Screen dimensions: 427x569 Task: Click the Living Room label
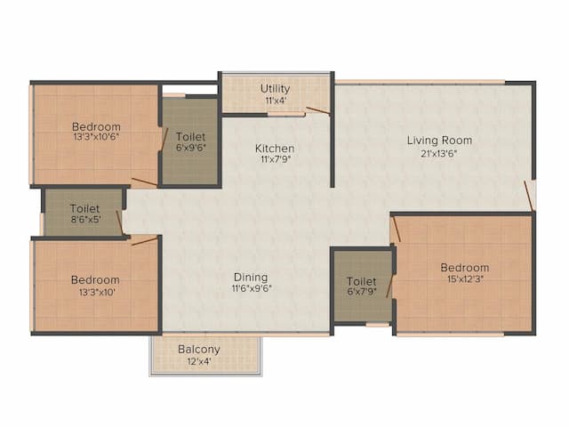(439, 140)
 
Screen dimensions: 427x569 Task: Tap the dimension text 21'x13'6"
(439, 152)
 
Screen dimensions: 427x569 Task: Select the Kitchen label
(275, 148)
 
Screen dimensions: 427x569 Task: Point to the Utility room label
(275, 88)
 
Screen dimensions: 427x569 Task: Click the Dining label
(251, 277)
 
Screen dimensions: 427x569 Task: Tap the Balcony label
(199, 349)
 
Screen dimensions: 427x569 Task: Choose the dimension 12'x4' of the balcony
(199, 361)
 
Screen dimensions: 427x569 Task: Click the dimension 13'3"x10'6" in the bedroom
(96, 138)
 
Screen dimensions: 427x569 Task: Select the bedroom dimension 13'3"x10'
(95, 292)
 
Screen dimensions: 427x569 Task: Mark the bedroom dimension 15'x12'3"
(464, 279)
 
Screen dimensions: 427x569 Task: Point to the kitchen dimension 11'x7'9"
(275, 160)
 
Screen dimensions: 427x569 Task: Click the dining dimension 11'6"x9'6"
(251, 289)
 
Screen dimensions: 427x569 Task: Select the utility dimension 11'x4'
(275, 101)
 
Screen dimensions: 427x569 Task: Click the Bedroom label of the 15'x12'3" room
(464, 267)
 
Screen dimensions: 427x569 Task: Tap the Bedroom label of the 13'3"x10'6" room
(96, 126)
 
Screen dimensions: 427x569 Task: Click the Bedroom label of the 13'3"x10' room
(95, 279)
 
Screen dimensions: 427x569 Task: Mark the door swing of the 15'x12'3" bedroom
(396, 230)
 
